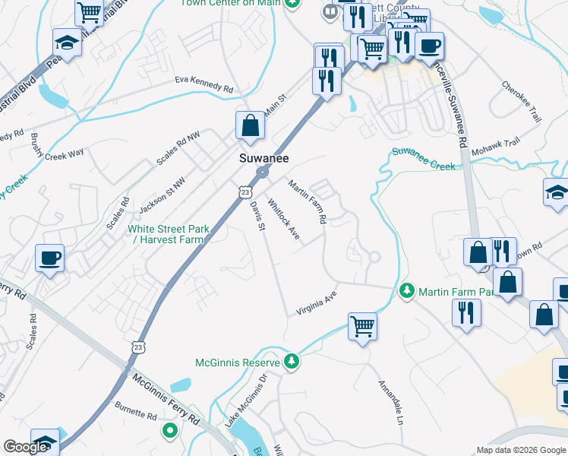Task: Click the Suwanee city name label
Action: pos(261,159)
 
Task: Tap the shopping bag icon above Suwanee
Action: pos(250,125)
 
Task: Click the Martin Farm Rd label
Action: pos(307,201)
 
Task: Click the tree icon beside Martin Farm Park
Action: pos(407,292)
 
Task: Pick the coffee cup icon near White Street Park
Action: pos(49,258)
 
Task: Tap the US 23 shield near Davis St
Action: pos(245,193)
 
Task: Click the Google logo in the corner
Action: pos(26,448)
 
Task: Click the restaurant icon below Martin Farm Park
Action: pos(465,312)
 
